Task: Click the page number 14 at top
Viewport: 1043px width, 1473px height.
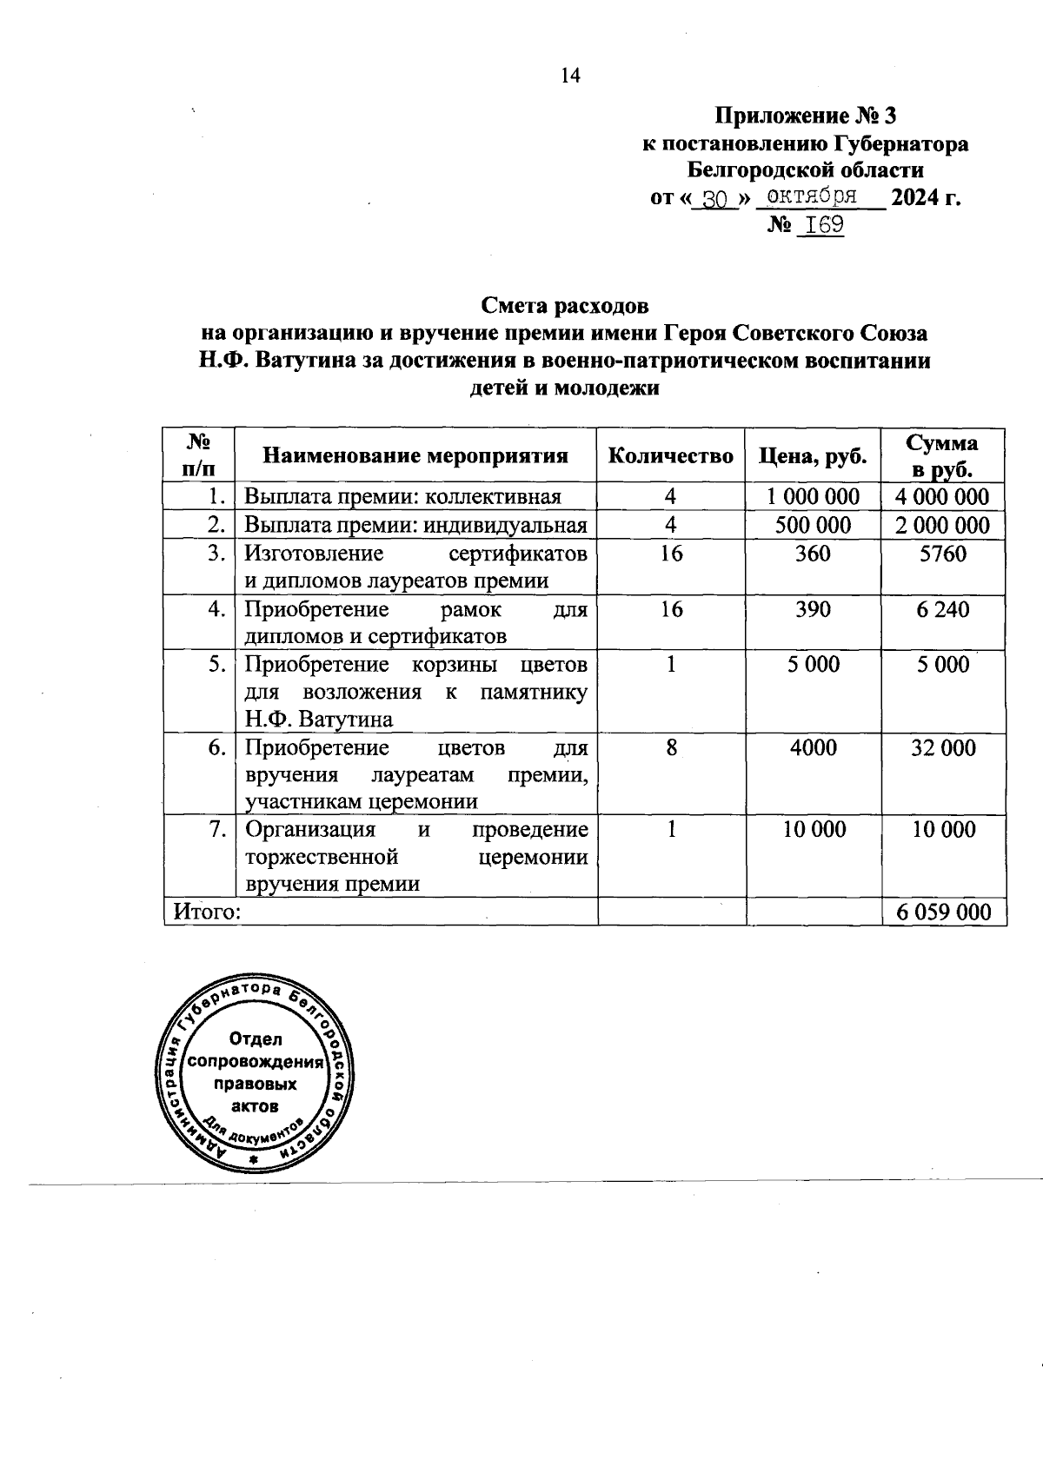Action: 569,76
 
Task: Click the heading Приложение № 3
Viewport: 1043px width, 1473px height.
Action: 804,116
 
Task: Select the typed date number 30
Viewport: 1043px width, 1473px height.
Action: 714,200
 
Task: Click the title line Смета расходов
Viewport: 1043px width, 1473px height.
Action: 565,306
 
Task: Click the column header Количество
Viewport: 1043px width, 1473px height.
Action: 670,455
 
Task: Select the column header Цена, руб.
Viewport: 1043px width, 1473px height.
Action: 813,455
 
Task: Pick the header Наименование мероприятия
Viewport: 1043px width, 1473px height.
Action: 415,455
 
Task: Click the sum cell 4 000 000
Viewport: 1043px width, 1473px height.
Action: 943,496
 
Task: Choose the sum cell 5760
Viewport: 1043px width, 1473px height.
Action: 943,554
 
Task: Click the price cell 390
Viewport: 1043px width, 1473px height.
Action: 813,609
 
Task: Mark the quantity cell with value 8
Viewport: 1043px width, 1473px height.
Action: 671,747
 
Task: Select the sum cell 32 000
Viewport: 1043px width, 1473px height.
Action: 943,747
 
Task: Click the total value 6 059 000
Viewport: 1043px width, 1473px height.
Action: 943,912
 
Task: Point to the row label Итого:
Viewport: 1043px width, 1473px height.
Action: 207,912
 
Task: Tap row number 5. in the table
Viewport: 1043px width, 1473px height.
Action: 217,665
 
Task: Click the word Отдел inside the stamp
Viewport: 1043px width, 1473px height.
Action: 256,1038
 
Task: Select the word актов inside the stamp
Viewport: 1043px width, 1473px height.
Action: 256,1106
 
